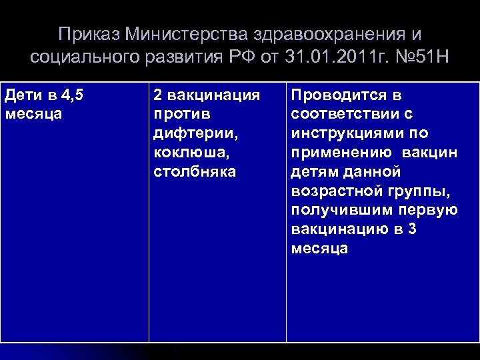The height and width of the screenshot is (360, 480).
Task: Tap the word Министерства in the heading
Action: [179, 34]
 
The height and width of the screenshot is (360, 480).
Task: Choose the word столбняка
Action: [195, 172]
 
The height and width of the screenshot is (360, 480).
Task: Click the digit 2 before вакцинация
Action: [158, 95]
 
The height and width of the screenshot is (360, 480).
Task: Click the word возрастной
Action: [337, 191]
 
